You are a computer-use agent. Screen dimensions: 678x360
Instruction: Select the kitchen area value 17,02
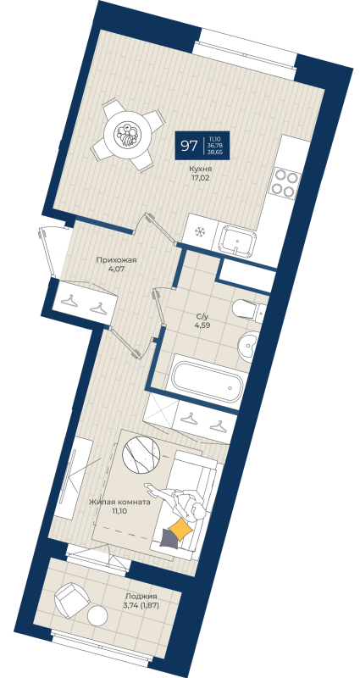click(x=201, y=179)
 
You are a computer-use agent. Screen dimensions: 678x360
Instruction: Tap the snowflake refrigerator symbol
click(x=201, y=231)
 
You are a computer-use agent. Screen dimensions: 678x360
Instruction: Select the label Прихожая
click(x=114, y=261)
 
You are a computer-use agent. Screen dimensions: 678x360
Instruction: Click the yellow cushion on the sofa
click(x=180, y=530)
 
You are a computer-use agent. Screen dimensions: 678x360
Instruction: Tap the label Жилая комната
click(x=119, y=502)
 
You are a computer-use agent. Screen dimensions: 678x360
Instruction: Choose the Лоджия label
click(x=141, y=596)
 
